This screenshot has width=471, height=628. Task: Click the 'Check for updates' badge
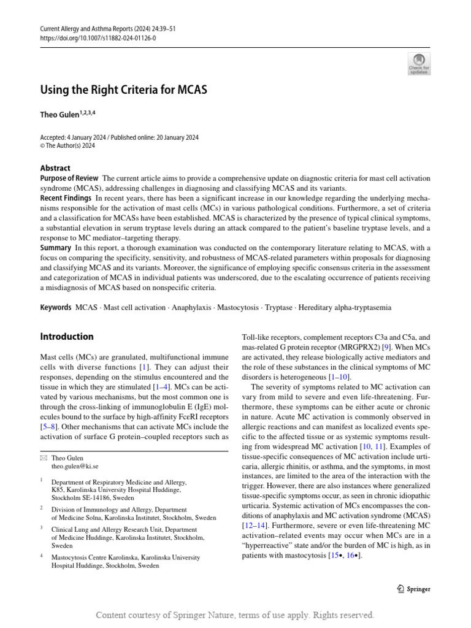click(419, 64)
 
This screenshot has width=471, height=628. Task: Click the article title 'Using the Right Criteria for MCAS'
click(124, 90)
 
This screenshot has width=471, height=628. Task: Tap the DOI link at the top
click(98, 37)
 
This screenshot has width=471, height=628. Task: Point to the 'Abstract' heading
click(55, 168)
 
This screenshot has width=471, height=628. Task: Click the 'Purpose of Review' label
click(67, 178)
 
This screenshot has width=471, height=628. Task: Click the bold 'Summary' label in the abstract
click(56, 247)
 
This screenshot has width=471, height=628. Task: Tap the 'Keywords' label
click(56, 307)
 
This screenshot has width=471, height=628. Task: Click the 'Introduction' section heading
click(67, 337)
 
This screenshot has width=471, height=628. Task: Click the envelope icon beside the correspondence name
click(43, 458)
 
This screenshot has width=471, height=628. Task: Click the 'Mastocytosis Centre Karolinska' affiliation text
click(105, 557)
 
